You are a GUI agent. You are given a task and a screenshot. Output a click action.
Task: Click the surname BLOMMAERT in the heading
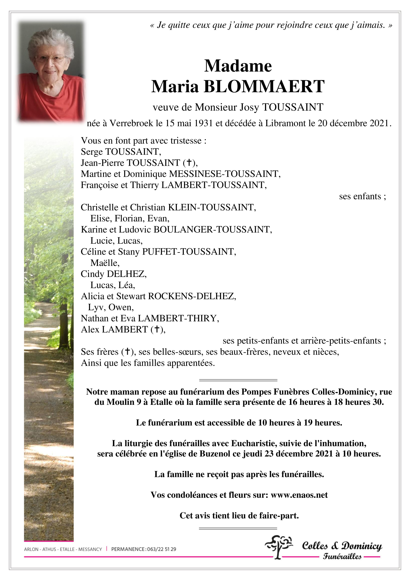pyautogui.click(x=264, y=87)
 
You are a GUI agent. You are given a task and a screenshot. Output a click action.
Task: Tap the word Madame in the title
pyautogui.click(x=238, y=66)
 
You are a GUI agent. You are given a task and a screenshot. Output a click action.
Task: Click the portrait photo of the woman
pyautogui.click(x=51, y=72)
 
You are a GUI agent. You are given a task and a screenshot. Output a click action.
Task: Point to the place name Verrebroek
pyautogui.click(x=131, y=123)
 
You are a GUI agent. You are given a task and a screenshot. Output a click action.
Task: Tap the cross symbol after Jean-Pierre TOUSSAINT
pyautogui.click(x=188, y=163)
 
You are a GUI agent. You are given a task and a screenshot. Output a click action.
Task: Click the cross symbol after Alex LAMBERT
pyautogui.click(x=156, y=329)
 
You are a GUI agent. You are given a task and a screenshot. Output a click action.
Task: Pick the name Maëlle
pyautogui.click(x=105, y=263)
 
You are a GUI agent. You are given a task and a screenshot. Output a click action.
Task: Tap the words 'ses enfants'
pyautogui.click(x=360, y=196)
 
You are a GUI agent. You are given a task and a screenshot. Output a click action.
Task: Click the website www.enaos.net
pyautogui.click(x=299, y=495)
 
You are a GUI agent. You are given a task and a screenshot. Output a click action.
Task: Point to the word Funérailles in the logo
pyautogui.click(x=342, y=556)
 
